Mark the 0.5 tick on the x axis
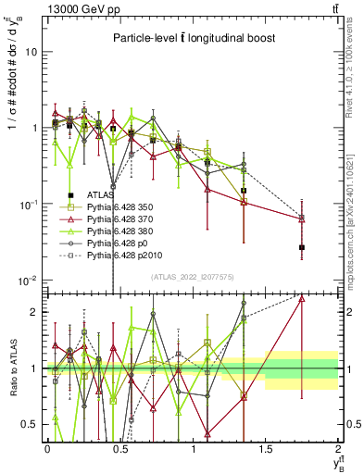pyautogui.click(x=119, y=447)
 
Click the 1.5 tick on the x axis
pyautogui.click(x=266, y=447)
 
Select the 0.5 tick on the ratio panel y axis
pyautogui.click(x=31, y=425)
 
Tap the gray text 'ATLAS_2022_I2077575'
pyautogui.click(x=192, y=277)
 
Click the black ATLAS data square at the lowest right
pyautogui.click(x=302, y=247)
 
